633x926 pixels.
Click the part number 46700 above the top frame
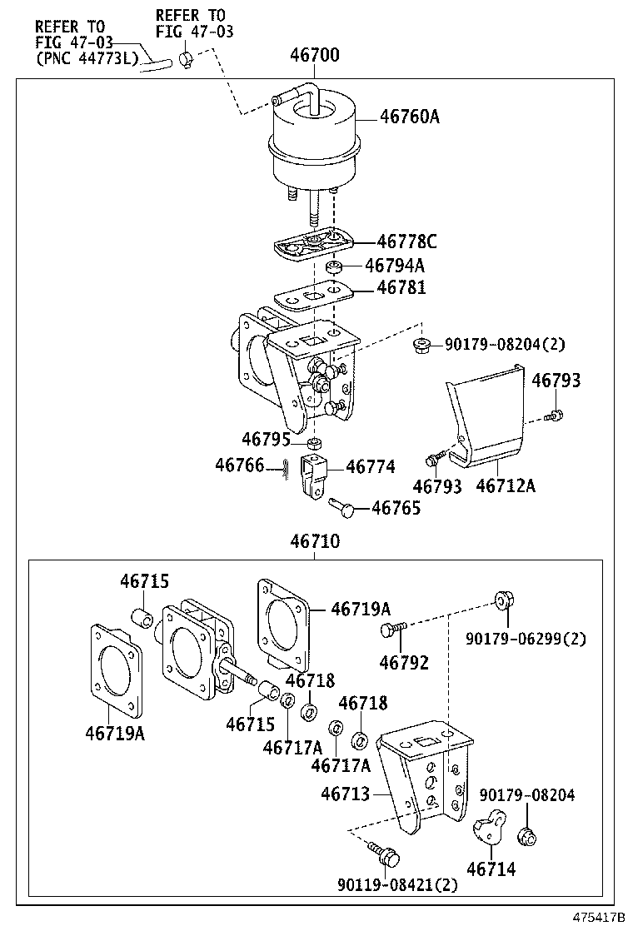(x=314, y=56)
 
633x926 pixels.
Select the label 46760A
(x=409, y=117)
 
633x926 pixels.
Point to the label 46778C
(x=406, y=242)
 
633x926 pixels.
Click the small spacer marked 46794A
(x=333, y=266)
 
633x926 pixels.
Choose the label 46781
(x=401, y=287)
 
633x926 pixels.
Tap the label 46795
(x=266, y=438)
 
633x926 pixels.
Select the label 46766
(x=239, y=465)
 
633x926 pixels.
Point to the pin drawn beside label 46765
(x=342, y=505)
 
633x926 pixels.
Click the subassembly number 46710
(x=314, y=542)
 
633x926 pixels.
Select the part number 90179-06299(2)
(x=526, y=639)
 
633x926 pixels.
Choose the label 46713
(x=345, y=794)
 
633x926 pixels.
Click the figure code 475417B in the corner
(x=597, y=916)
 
